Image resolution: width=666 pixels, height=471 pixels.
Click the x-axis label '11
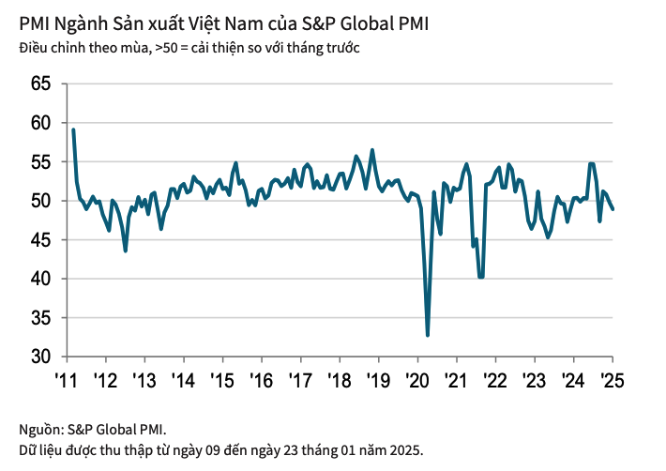pos(66,381)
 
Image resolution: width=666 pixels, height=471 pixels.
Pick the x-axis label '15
pos(221,381)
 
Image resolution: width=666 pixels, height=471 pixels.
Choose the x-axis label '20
pos(416,381)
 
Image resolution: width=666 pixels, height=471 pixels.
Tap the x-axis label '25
pos(612,381)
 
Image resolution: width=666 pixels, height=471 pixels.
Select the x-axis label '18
pos(339,381)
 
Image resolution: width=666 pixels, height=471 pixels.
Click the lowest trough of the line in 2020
pos(428,335)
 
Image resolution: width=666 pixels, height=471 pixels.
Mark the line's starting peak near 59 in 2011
pos(73,129)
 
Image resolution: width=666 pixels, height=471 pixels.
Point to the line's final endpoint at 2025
pos(613,208)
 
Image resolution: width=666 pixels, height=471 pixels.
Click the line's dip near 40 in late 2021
pos(481,277)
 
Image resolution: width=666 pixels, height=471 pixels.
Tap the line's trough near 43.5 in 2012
pos(126,251)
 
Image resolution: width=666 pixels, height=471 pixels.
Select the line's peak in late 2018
pos(372,150)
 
